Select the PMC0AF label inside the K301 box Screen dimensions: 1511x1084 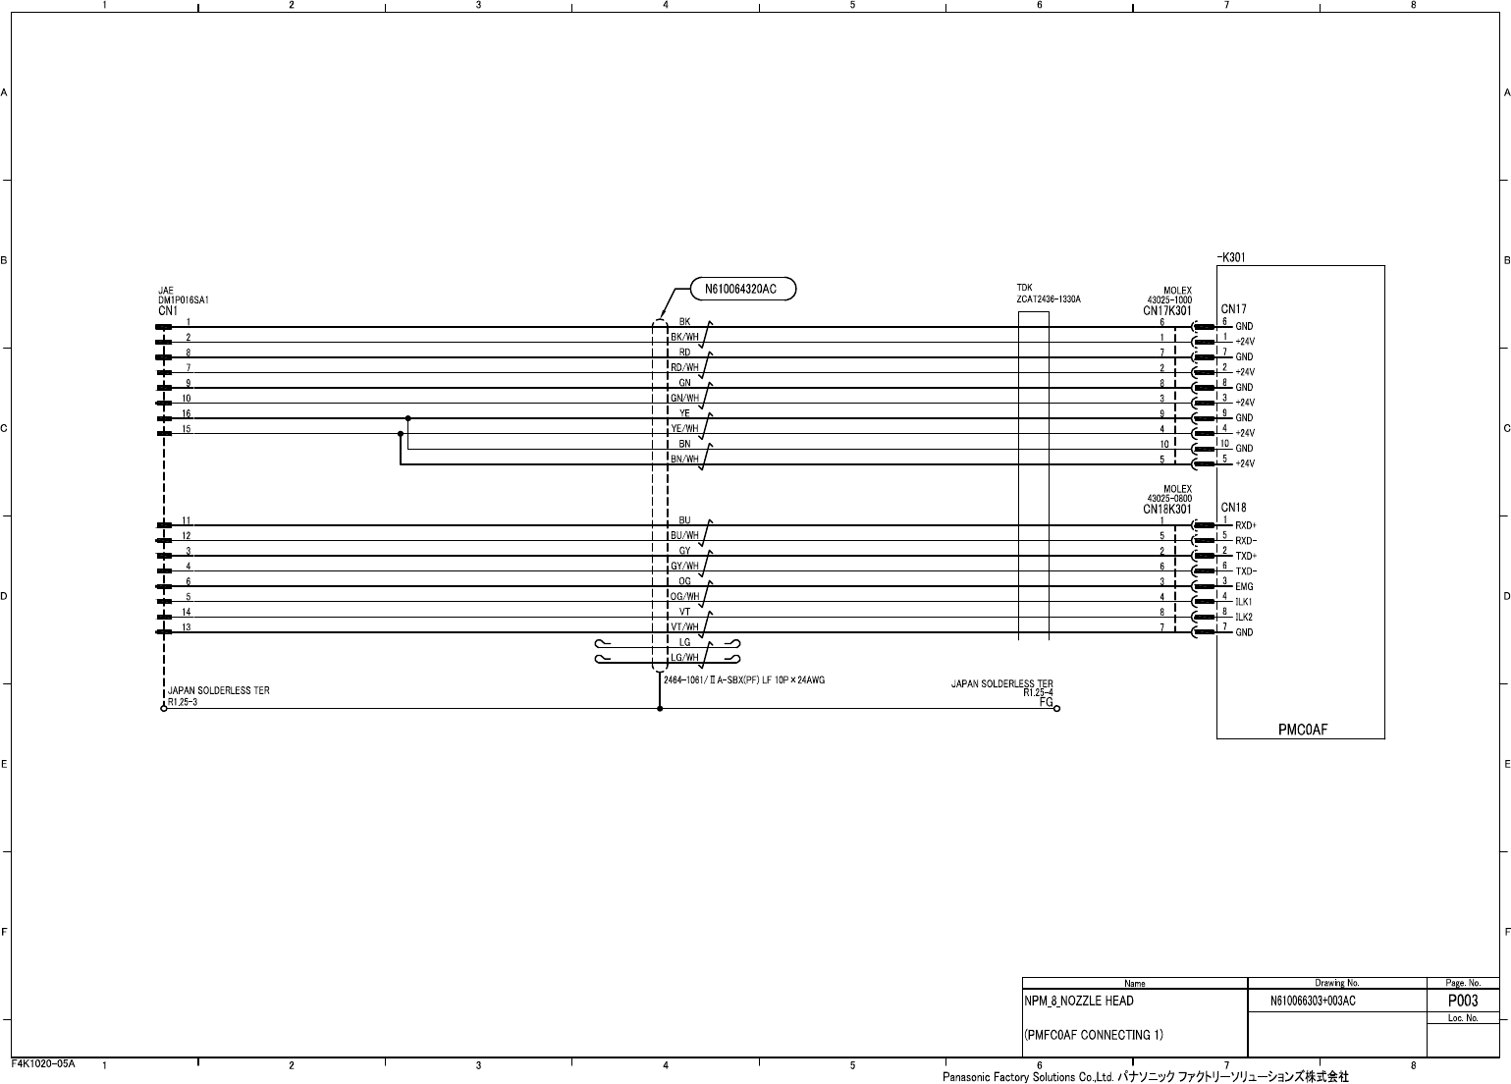pos(1303,730)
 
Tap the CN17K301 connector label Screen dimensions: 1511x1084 pos(1166,310)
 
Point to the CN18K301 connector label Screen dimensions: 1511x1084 pos(1166,510)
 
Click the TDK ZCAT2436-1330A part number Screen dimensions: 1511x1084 pos(1048,298)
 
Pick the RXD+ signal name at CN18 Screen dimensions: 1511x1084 pos(1246,525)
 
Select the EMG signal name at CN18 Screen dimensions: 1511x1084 pos(1244,587)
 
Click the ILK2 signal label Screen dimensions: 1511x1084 pos(1245,618)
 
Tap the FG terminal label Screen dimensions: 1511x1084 pos(1046,702)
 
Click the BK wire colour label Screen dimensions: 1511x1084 pos(684,321)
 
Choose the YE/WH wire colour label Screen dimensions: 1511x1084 pos(684,428)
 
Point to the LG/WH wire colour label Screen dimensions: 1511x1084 pos(684,657)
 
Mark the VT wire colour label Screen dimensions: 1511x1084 pos(684,612)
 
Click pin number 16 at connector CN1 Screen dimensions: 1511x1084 pos(187,413)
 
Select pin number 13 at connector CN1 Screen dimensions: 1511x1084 pos(187,626)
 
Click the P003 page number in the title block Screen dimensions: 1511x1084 pos(1462,1001)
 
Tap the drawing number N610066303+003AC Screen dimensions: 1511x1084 pos(1313,1002)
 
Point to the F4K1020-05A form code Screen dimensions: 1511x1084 pos(43,1063)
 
